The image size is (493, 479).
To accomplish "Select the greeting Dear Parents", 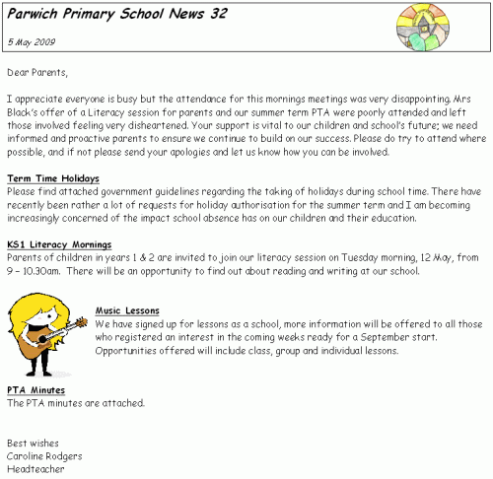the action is click(38, 72).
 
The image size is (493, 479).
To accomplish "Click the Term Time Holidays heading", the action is click(52, 176).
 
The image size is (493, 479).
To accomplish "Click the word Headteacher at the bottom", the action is click(35, 469).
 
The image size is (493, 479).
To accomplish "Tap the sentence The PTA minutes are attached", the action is click(76, 403).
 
